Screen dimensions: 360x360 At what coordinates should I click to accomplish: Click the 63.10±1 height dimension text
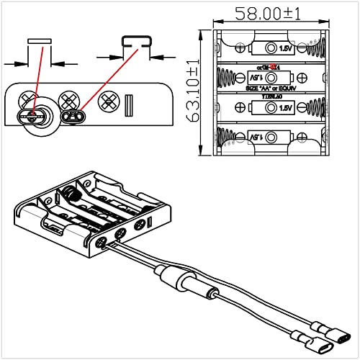(x=192, y=92)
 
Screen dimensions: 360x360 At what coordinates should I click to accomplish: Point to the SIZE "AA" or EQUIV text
(x=271, y=86)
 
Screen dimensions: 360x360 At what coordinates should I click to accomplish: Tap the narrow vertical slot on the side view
(x=130, y=105)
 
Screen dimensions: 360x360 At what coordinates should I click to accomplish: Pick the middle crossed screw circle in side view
(x=70, y=99)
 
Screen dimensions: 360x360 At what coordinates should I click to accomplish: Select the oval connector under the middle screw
(x=72, y=116)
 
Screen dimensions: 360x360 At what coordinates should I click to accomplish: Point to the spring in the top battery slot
(x=315, y=48)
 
